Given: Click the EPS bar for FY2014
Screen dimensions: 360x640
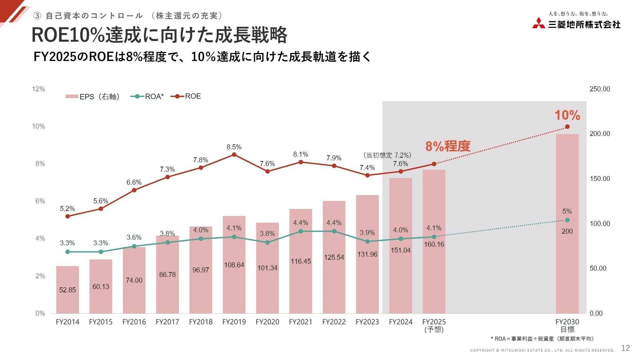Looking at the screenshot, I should (x=67, y=293).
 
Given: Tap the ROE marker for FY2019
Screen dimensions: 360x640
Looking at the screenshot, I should (x=234, y=155).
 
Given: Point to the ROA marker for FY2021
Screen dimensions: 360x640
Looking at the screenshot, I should (x=301, y=231).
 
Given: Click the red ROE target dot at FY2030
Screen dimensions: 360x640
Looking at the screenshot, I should (x=567, y=127).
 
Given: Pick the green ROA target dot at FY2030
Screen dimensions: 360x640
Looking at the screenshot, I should (x=567, y=220).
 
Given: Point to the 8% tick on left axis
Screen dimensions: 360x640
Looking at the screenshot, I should (x=40, y=164).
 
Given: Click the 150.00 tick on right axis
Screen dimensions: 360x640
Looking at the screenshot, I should (x=600, y=179).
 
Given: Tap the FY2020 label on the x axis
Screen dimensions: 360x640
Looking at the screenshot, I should (x=267, y=322).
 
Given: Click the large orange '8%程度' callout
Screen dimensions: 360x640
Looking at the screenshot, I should (x=448, y=146).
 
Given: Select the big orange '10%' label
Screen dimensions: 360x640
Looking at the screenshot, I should (x=567, y=115).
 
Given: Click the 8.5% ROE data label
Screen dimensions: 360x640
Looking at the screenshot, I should (x=234, y=147).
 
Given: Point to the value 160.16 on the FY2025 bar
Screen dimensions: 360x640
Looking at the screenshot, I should (x=434, y=244).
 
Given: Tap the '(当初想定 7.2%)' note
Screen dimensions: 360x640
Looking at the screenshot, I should (x=387, y=155).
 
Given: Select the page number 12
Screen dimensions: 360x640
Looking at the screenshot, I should (x=625, y=348).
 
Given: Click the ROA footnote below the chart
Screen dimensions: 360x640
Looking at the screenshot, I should (x=542, y=339).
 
